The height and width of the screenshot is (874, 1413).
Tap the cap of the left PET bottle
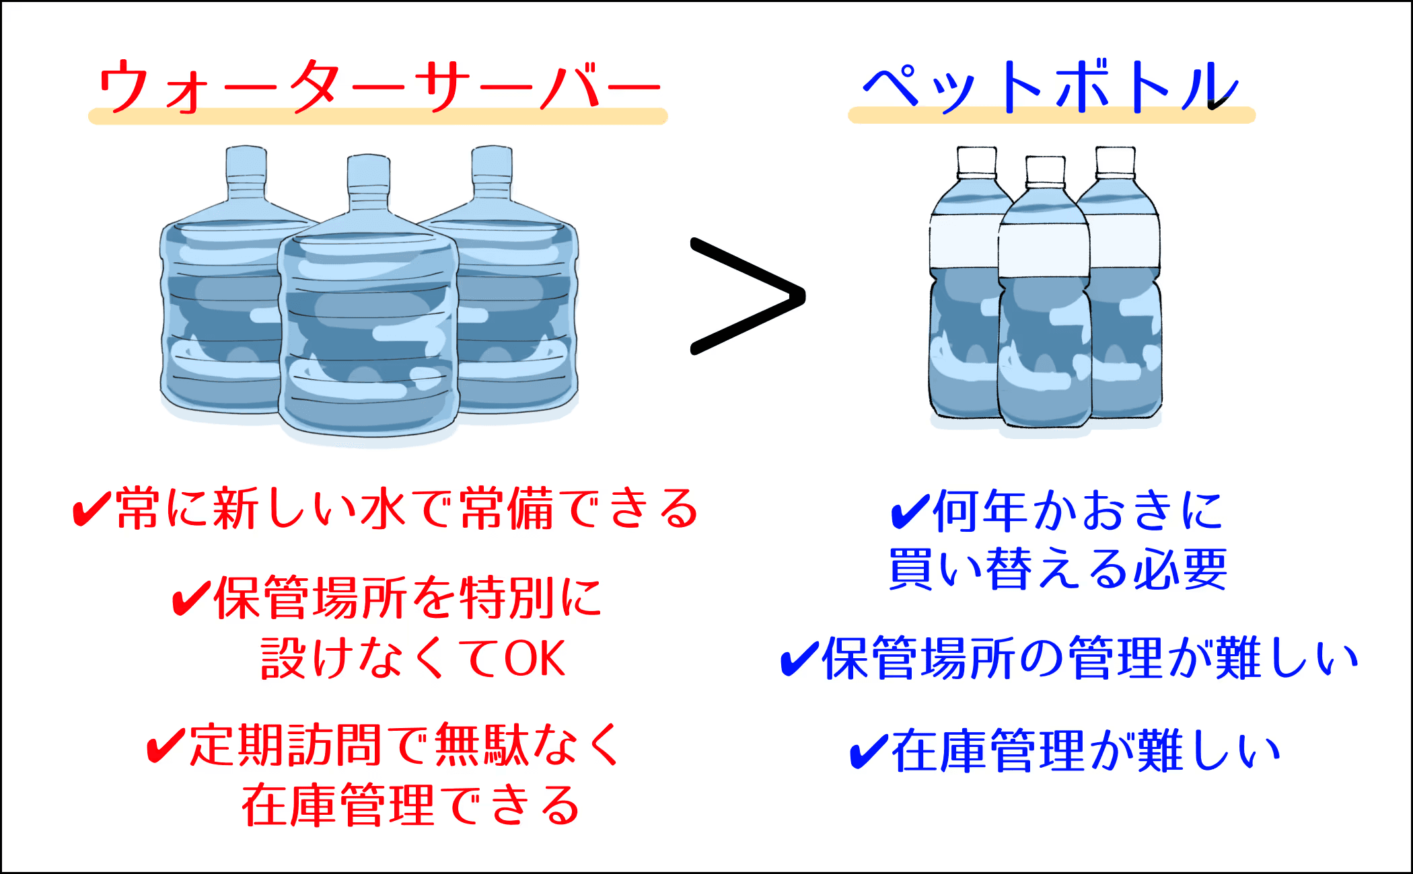tap(976, 161)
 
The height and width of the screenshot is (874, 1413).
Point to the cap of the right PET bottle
tap(1116, 161)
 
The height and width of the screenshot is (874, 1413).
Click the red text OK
tap(535, 659)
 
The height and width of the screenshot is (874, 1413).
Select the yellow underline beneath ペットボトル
tap(1051, 116)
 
